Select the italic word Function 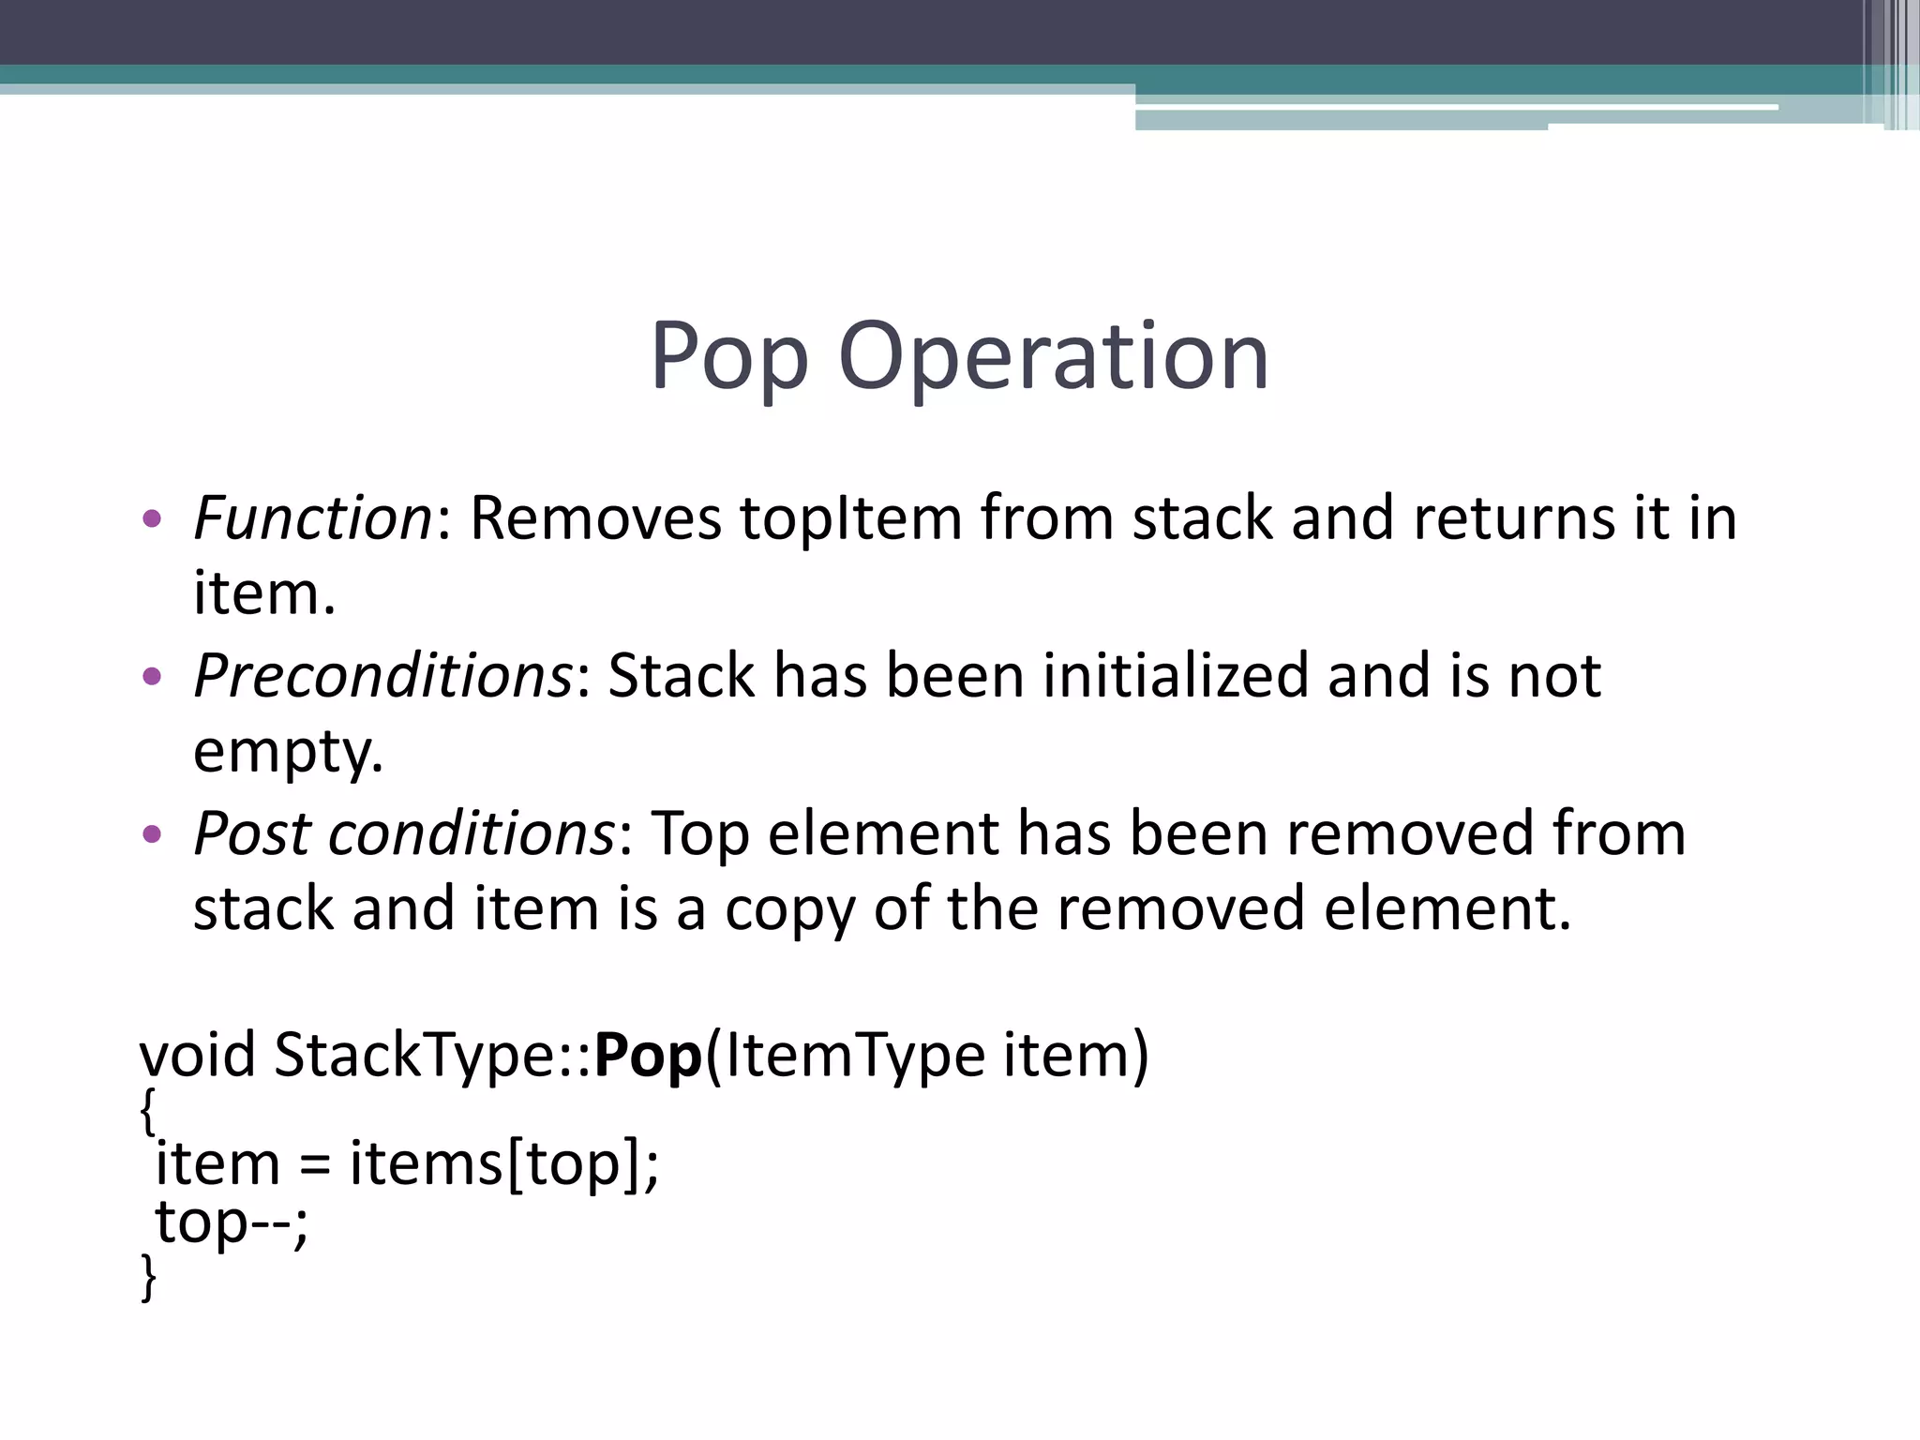click(x=312, y=517)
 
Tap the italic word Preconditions click(x=382, y=675)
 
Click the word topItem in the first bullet click(x=850, y=517)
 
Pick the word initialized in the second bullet click(x=1175, y=675)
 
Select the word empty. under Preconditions click(x=288, y=751)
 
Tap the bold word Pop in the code click(x=648, y=1055)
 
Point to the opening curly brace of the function click(x=147, y=1112)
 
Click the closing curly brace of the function click(x=147, y=1276)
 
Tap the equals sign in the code click(x=315, y=1165)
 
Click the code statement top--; click(x=231, y=1222)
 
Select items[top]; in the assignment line click(x=504, y=1164)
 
